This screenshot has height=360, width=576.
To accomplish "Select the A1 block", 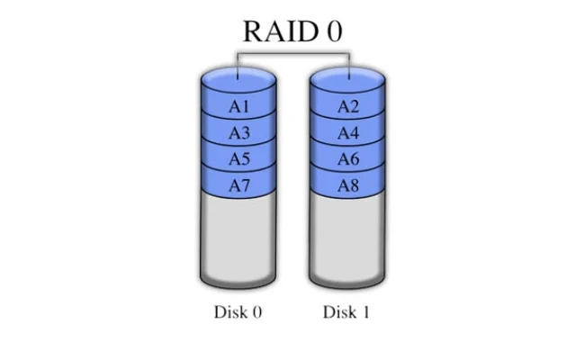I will [238, 107].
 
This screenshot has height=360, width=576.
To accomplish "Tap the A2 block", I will [348, 107].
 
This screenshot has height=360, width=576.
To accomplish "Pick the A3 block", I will [238, 133].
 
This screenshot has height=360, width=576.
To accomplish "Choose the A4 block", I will [348, 133].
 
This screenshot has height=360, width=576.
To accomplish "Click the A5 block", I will [238, 159].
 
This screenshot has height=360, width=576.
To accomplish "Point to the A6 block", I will [348, 159].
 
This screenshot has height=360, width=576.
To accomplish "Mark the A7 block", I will [238, 185].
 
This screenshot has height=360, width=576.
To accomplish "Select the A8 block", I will [348, 185].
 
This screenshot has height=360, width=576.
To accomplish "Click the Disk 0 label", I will [238, 313].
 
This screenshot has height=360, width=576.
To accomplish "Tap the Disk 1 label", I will [346, 313].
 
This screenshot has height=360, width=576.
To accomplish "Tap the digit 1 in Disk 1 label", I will [365, 313].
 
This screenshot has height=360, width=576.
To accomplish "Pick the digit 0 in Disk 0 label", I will [256, 313].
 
